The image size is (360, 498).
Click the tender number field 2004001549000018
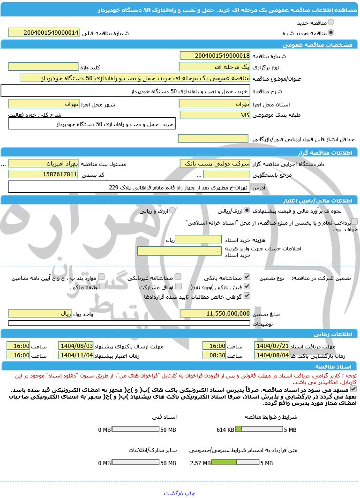click(x=215, y=55)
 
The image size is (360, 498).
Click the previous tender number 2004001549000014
click(x=44, y=32)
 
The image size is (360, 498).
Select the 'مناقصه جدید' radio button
click(x=331, y=22)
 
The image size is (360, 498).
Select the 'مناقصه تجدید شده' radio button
click(x=331, y=33)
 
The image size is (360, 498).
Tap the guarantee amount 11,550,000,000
click(x=215, y=313)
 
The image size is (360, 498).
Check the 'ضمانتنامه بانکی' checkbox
click(x=247, y=277)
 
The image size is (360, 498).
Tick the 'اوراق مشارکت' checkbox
click(x=178, y=286)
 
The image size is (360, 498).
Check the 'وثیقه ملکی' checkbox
click(x=101, y=286)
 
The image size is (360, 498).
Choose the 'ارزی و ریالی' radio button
click(x=172, y=211)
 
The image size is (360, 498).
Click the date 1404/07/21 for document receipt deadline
click(x=271, y=346)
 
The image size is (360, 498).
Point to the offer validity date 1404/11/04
click(x=76, y=355)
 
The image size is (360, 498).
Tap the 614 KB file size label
click(x=225, y=430)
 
